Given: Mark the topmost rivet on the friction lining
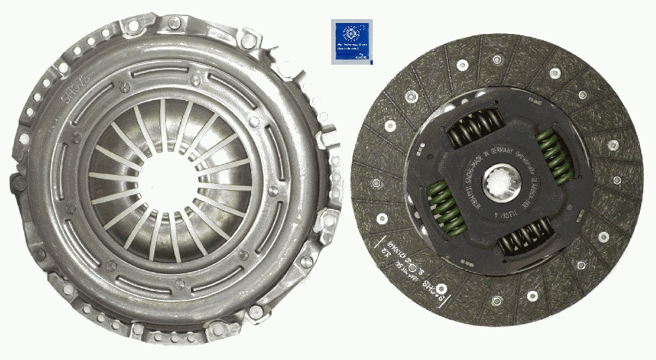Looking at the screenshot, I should (x=496, y=59).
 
